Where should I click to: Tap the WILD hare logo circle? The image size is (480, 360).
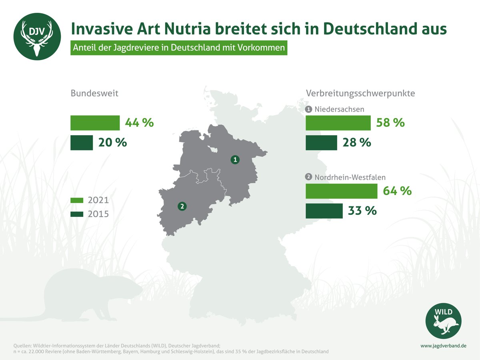pyautogui.click(x=443, y=321)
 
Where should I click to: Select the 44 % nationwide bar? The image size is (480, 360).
pyautogui.click(x=95, y=123)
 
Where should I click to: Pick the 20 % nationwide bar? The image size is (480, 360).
pyautogui.click(x=82, y=143)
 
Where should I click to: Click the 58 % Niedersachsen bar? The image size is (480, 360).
pyautogui.click(x=338, y=123)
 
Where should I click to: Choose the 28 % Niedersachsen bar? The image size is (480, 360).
pyautogui.click(x=321, y=143)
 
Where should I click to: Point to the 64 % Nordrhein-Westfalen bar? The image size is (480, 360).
pyautogui.click(x=341, y=191)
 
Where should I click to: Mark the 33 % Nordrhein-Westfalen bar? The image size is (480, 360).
pyautogui.click(x=324, y=211)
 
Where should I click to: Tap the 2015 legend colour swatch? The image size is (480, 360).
pyautogui.click(x=77, y=214)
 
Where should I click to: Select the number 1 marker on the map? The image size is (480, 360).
pyautogui.click(x=236, y=160)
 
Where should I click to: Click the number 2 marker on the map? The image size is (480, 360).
pyautogui.click(x=182, y=206)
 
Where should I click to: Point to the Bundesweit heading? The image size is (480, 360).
pyautogui.click(x=94, y=93)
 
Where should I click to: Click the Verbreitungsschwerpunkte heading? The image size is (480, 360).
pyautogui.click(x=360, y=93)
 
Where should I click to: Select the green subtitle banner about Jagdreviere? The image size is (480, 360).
pyautogui.click(x=179, y=48)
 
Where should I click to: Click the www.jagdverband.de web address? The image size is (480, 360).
pyautogui.click(x=443, y=345)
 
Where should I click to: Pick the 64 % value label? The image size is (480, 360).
pyautogui.click(x=397, y=191)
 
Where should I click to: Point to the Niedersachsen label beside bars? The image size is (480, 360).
pyautogui.click(x=340, y=109)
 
